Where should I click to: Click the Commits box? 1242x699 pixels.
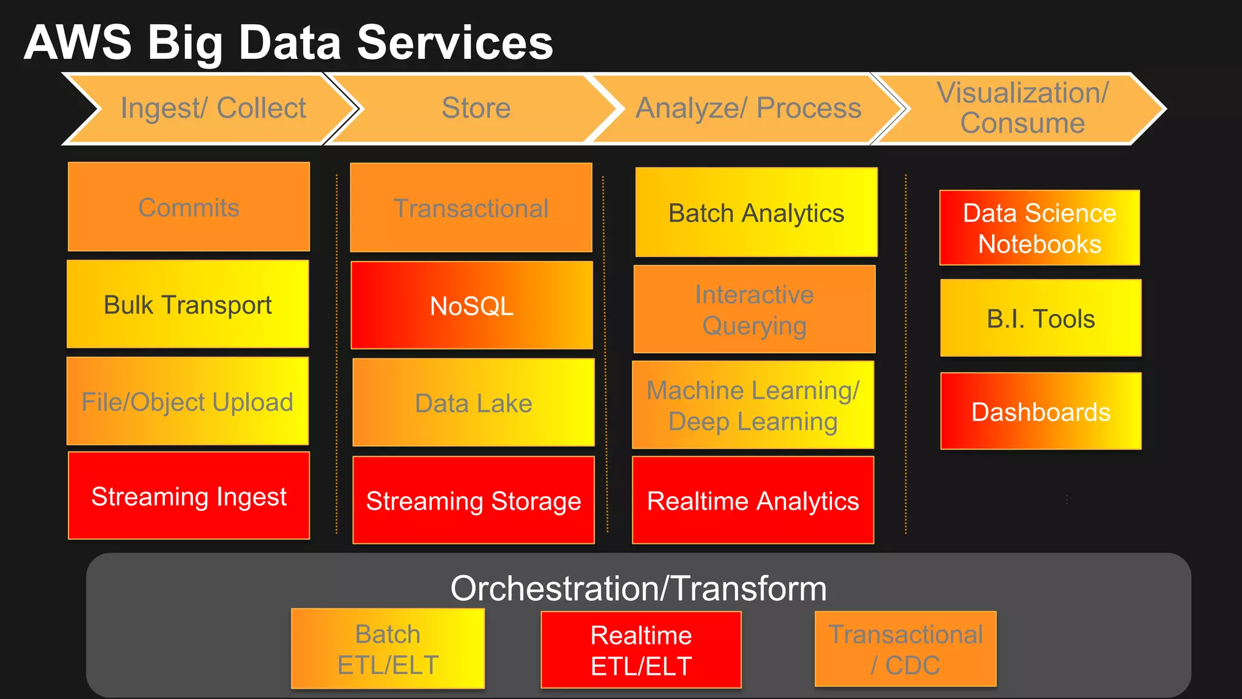point(189,207)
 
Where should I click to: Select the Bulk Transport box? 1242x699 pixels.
point(187,304)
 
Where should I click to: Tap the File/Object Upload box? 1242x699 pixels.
point(187,401)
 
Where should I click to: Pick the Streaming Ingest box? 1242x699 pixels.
point(189,496)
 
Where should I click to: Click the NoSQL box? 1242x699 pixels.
point(472,305)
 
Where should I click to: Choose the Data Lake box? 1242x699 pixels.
point(473,402)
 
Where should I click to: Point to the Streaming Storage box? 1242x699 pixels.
point(473,500)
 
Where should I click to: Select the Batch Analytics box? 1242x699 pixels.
point(756,212)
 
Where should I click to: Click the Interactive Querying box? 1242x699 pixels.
point(754,309)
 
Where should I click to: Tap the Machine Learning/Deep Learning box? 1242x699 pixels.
point(753,405)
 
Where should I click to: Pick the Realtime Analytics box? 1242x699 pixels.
point(753,500)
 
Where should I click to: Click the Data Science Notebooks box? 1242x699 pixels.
point(1039,228)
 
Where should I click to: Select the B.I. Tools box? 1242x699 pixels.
point(1041,318)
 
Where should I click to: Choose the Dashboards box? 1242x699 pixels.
point(1041,411)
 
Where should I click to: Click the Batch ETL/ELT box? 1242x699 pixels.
point(388,649)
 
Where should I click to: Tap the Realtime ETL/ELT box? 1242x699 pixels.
point(641,650)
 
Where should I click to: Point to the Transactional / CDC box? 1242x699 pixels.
point(905,649)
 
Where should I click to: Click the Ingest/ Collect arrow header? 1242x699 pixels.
point(212,109)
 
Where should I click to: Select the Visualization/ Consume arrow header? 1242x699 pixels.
point(1022,109)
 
